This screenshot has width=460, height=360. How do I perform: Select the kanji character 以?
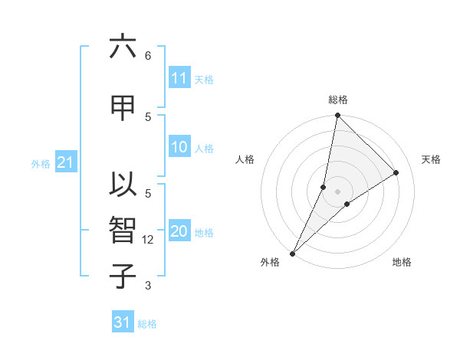point(122,186)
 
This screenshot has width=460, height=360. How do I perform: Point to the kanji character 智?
point(122,230)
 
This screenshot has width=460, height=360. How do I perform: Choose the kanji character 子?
point(122,276)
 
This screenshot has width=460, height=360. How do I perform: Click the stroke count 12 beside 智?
point(149,240)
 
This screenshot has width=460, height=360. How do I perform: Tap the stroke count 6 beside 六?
point(147,56)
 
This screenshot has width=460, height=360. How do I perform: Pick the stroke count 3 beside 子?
point(147,286)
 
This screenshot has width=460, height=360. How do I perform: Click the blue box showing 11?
point(179,78)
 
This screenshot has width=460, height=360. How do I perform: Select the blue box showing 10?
point(179,148)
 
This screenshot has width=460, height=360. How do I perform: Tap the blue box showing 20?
point(179,232)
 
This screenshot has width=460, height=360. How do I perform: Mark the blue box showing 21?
point(65,162)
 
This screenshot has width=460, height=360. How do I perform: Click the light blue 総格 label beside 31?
point(147,324)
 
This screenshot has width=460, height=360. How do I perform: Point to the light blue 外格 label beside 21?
point(41,163)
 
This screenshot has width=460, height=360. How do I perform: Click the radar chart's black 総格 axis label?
point(338,100)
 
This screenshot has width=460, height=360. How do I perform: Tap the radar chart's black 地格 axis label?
point(402,263)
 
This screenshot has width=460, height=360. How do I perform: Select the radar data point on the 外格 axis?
point(293,253)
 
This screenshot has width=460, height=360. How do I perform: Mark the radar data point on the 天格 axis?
point(396,172)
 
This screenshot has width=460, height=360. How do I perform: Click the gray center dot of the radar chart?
point(338,191)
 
